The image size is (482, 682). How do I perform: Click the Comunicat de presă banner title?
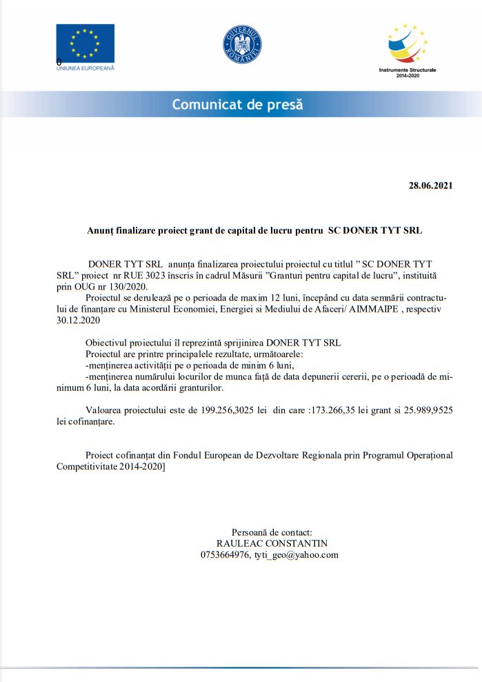tap(237, 105)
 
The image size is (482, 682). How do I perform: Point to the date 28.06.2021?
tap(431, 185)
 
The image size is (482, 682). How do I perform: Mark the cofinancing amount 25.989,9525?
tap(420, 410)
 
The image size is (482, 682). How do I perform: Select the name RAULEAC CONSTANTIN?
tap(272, 543)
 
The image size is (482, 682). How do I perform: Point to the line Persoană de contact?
tap(272, 532)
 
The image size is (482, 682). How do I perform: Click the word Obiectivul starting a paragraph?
tap(109, 343)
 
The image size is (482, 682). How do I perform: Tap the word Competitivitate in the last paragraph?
tap(90, 466)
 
